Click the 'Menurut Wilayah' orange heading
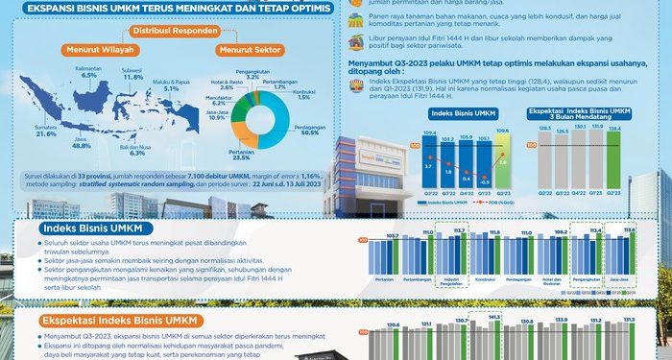[94, 47]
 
